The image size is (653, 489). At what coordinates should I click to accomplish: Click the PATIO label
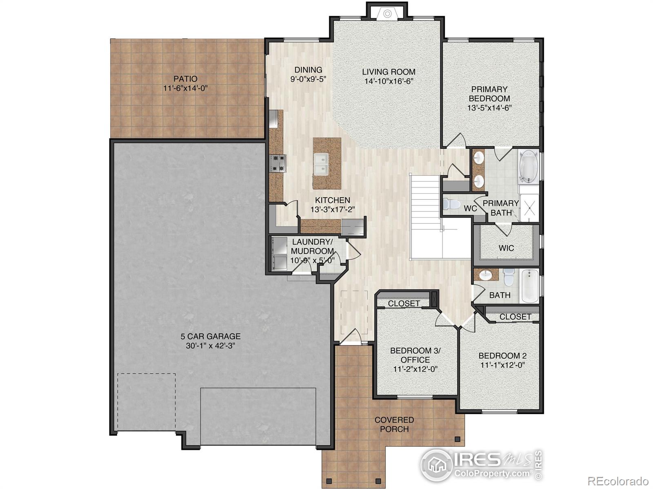coord(185,79)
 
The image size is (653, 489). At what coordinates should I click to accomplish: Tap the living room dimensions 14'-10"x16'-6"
coord(389,81)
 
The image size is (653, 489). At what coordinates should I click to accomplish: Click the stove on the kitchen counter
coord(278,163)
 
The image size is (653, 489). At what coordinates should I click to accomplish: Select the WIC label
coord(506,248)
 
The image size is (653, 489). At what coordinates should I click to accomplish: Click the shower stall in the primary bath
coord(530,208)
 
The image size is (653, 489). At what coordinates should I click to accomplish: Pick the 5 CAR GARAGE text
coord(211,337)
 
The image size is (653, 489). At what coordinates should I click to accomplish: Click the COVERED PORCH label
coord(394,424)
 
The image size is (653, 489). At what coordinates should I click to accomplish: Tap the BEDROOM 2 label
coord(502,356)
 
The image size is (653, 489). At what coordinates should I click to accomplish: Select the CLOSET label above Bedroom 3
coord(404,304)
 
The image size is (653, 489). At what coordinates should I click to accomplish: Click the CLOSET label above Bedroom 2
coord(515,317)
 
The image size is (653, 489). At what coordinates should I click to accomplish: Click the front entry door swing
coord(352,337)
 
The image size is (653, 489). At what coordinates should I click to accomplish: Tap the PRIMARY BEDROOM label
coord(489,94)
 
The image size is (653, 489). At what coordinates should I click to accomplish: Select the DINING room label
coord(308,70)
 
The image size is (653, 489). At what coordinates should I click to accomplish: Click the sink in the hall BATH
coord(486,275)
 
